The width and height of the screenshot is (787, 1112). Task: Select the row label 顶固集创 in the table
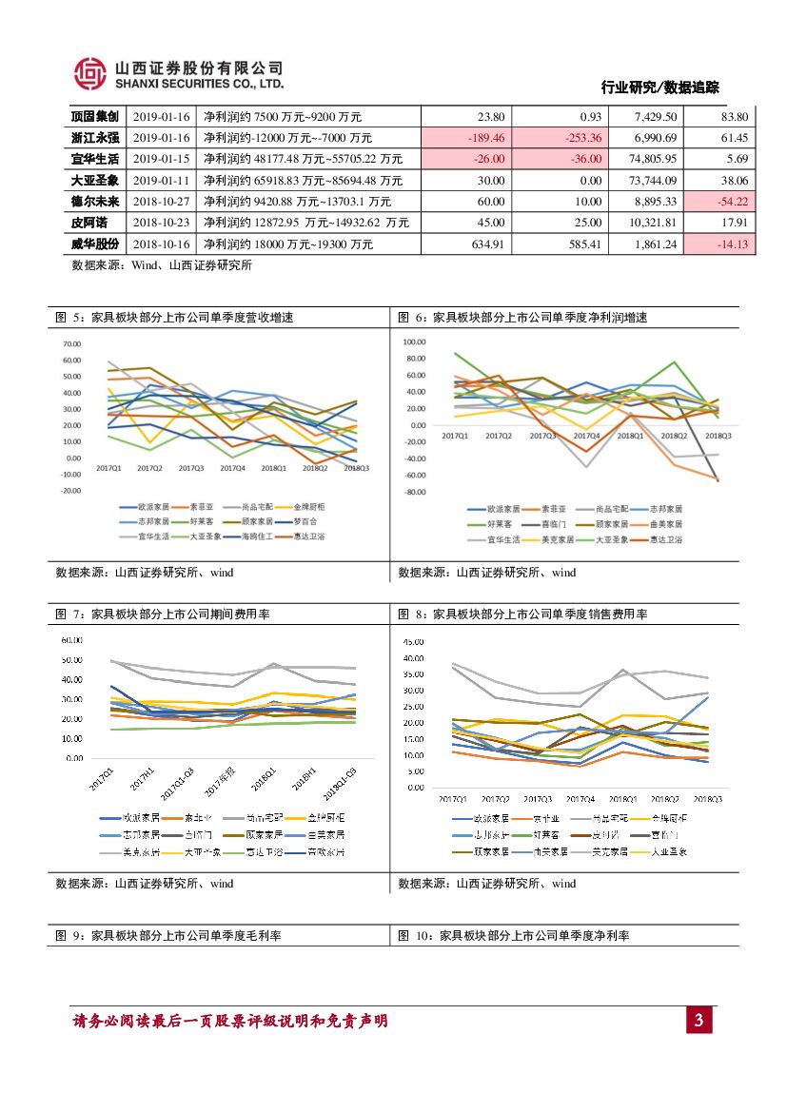[95, 117]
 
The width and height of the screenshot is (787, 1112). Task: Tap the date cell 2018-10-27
[162, 202]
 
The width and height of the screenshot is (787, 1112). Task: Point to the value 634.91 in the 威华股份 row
[486, 244]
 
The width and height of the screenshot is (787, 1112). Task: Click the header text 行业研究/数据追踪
[659, 88]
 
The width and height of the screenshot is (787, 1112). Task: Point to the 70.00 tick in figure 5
[71, 343]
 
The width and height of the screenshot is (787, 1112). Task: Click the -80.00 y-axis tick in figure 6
[414, 493]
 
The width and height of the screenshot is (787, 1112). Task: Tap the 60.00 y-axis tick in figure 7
[71, 639]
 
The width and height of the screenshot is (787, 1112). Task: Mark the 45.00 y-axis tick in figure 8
[413, 642]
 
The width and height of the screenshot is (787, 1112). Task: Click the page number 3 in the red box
[698, 1022]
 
